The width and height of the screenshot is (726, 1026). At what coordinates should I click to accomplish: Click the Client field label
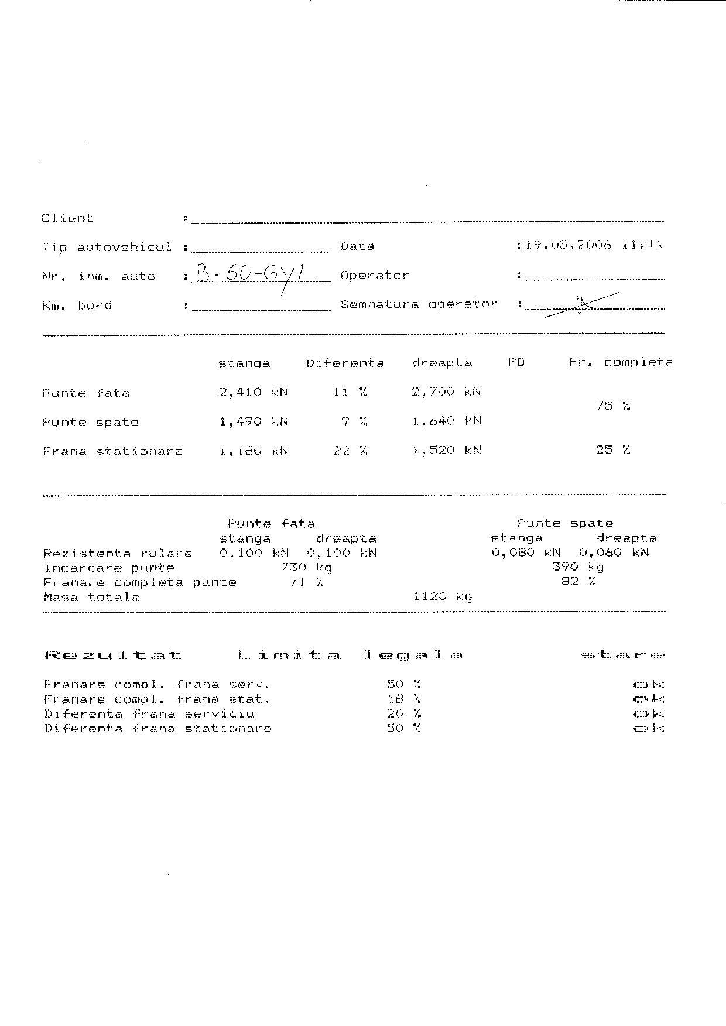click(67, 218)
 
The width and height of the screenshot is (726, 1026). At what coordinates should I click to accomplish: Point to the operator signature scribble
click(581, 304)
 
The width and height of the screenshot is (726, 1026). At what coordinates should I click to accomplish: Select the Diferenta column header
click(345, 363)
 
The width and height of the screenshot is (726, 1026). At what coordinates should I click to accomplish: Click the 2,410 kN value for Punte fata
click(254, 392)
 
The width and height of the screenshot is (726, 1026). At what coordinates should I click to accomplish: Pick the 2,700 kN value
click(446, 392)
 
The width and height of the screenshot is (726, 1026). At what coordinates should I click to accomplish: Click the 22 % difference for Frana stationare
click(350, 451)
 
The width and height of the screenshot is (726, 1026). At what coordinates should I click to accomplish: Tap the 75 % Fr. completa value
click(612, 406)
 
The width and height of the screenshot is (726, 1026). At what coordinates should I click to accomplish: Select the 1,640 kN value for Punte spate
click(446, 421)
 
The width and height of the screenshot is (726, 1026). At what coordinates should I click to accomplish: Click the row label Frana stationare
click(112, 451)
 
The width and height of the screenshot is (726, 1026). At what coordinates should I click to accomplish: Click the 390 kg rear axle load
click(578, 567)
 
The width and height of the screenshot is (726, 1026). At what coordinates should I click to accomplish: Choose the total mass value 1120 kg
click(442, 596)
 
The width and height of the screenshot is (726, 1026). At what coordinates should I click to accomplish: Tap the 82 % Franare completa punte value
click(578, 582)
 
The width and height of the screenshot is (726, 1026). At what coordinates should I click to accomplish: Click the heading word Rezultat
click(113, 655)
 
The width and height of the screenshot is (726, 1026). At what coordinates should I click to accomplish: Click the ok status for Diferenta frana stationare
click(649, 729)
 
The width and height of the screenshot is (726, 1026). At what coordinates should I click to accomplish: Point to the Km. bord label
click(77, 306)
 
